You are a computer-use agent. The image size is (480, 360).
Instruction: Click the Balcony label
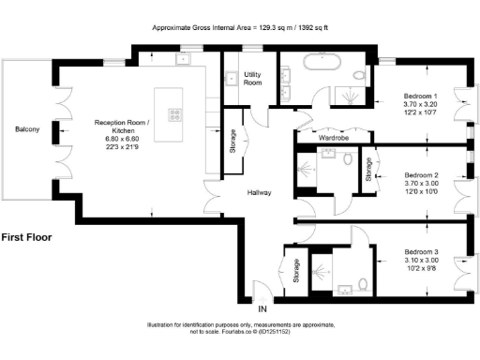tap(26, 129)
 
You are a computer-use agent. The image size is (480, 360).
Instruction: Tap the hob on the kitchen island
tap(175, 115)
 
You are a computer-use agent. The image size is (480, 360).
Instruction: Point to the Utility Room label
tap(252, 78)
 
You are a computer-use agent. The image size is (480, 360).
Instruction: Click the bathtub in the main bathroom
tap(318, 65)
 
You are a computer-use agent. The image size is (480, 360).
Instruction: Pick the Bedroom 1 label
tap(420, 97)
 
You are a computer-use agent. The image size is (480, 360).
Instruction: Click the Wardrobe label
tap(334, 138)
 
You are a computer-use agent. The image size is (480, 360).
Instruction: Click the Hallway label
tap(260, 192)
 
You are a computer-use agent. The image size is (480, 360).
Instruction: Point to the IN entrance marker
tap(263, 308)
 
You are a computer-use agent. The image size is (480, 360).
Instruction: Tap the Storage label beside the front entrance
tap(296, 271)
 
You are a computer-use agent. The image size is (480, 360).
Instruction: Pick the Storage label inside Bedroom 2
tap(369, 170)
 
